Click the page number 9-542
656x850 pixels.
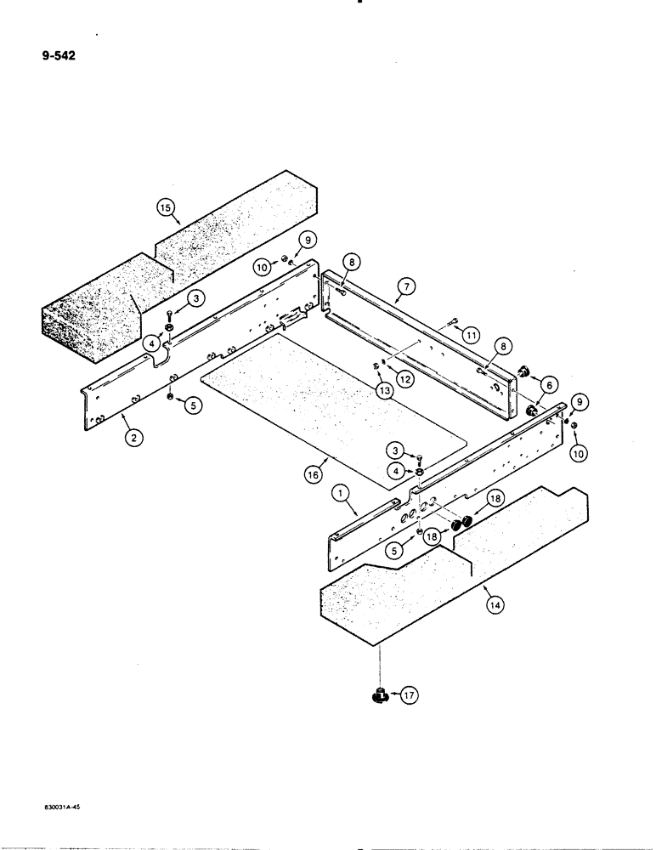[x=56, y=59]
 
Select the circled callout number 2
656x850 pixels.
[x=132, y=438]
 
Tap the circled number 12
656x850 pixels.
[x=405, y=380]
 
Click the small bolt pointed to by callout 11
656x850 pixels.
[x=450, y=322]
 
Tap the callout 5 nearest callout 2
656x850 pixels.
[x=194, y=405]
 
